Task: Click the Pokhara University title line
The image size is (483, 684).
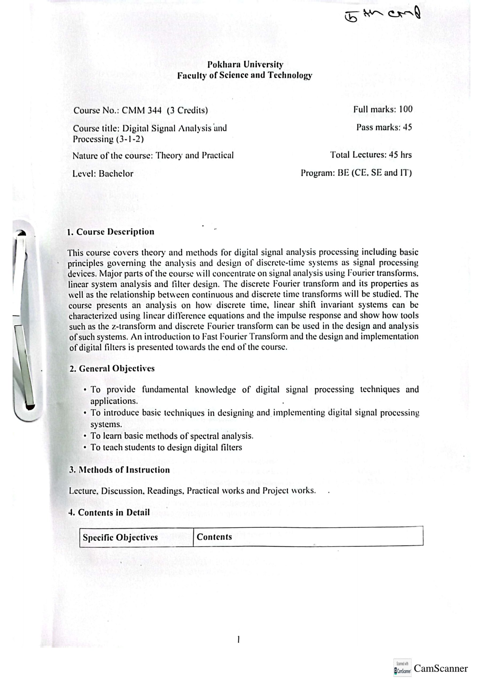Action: click(245, 64)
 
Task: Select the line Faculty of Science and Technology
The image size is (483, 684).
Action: click(245, 75)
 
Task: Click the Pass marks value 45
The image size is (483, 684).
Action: click(407, 127)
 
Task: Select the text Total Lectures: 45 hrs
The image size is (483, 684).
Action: click(371, 155)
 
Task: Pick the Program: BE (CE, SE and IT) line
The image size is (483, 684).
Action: click(356, 173)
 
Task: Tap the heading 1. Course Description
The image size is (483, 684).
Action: click(111, 232)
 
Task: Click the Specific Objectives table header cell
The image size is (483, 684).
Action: click(120, 538)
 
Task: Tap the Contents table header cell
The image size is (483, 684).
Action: click(215, 537)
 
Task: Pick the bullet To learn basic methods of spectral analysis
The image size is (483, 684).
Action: click(172, 436)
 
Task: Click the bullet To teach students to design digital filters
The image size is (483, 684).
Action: click(166, 448)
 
